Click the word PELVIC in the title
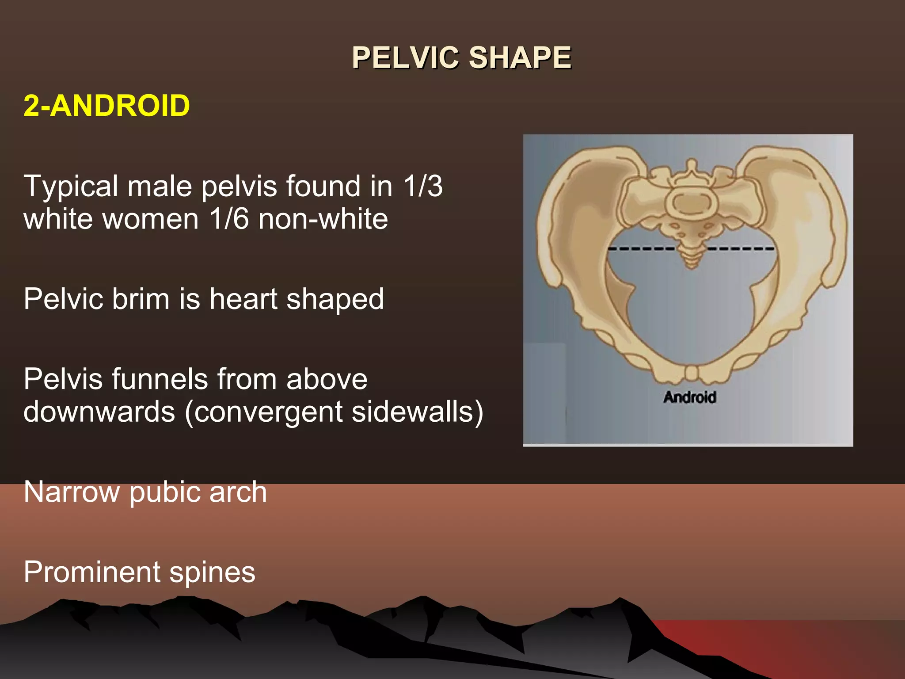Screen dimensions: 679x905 point(405,58)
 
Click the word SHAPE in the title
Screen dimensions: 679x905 point(520,58)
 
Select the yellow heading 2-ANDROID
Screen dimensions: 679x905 point(106,106)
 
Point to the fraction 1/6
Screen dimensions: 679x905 point(229,219)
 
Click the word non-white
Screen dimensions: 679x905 point(323,219)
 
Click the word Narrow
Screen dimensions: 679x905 point(72,492)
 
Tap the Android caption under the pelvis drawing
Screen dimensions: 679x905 point(689,397)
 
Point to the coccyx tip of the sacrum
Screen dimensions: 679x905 point(692,265)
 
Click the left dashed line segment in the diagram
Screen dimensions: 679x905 point(641,249)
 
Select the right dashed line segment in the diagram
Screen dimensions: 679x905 point(741,249)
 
